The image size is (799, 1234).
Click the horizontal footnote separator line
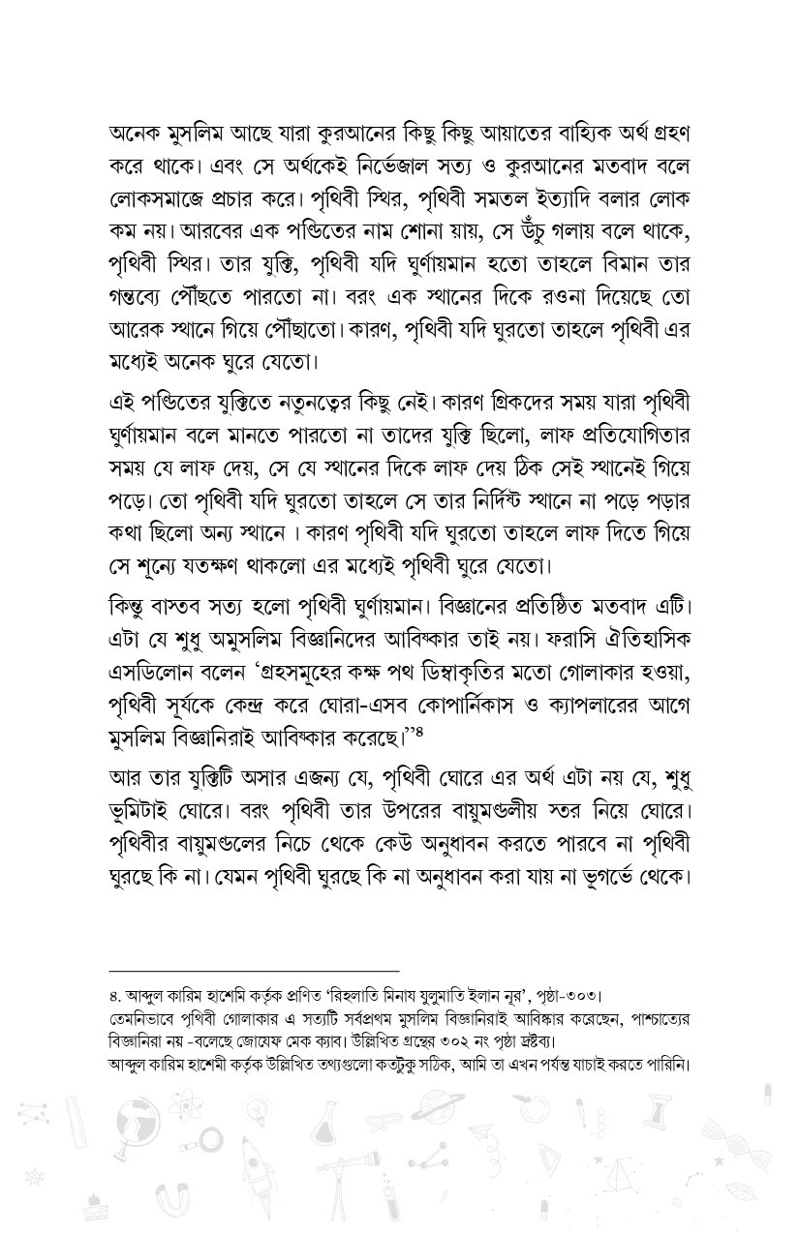tap(254, 971)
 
